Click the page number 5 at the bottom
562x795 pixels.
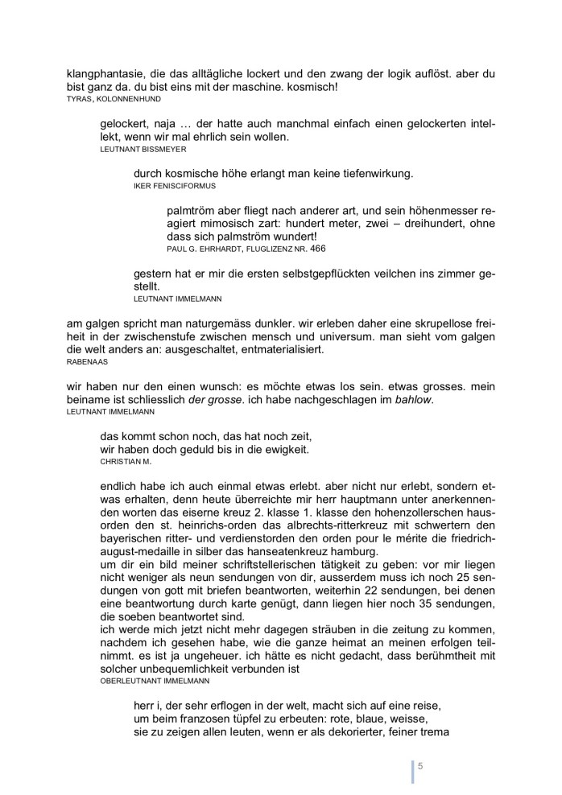click(x=419, y=766)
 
